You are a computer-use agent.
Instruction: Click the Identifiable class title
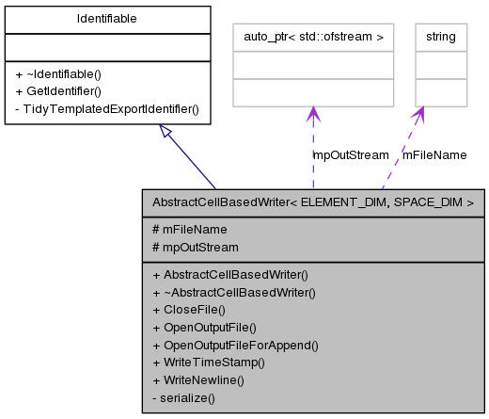coord(106,18)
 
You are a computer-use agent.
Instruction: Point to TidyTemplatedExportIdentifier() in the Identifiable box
coord(106,108)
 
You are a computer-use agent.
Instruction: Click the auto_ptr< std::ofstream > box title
coord(312,37)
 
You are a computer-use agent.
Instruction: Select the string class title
coord(440,37)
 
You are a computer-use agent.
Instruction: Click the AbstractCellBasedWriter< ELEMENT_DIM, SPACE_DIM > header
coord(312,201)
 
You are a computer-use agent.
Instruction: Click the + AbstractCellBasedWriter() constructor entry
coord(229,274)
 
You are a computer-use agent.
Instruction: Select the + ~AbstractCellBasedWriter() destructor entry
coord(233,292)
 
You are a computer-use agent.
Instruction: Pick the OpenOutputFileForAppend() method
coord(235,345)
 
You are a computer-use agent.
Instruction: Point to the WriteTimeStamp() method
coord(209,363)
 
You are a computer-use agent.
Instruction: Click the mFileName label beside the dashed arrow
coord(434,154)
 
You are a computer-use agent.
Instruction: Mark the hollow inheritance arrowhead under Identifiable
coord(166,133)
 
